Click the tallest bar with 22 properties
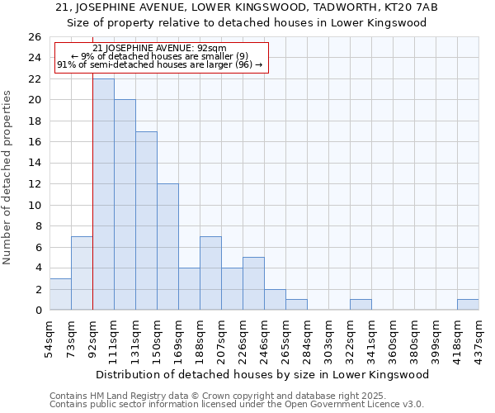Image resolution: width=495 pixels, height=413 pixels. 103,194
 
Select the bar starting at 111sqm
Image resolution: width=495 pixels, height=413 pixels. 125,205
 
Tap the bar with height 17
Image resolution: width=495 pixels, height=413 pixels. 146,221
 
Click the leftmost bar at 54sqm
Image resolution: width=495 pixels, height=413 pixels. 60,294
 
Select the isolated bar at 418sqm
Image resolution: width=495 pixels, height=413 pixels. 468,305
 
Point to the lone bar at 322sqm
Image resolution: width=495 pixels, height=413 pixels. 361,305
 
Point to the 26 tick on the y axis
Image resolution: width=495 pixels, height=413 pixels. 35,37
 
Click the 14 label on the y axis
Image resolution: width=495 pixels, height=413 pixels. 35,164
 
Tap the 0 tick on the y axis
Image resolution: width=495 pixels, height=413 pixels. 38,311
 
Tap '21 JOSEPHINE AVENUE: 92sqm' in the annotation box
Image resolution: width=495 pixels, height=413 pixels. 160,49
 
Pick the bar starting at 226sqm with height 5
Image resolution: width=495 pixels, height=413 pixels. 253,283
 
